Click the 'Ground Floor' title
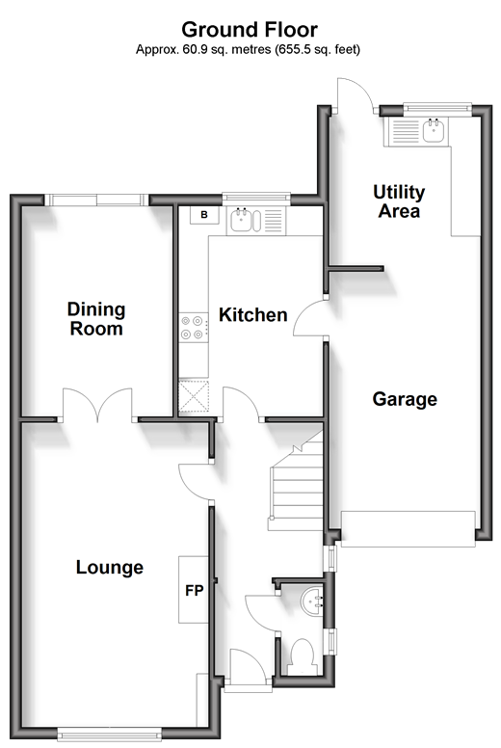point(250,30)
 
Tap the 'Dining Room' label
point(96,319)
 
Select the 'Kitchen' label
point(253,315)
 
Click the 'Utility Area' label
point(399,201)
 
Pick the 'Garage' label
point(405,399)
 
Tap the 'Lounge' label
point(110,567)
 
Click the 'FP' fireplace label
point(194,591)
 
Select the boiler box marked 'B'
point(204,215)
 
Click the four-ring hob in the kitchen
point(194,328)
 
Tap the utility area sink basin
point(434,130)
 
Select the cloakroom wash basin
point(313,601)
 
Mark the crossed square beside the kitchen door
point(194,396)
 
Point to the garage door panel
point(409,529)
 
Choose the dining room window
point(96,200)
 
